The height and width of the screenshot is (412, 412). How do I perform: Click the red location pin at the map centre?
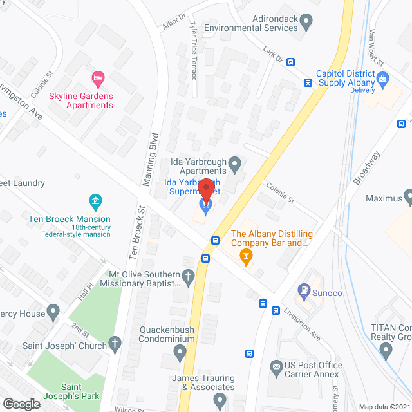[x=206, y=191]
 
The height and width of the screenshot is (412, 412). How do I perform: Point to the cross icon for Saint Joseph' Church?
[x=115, y=343]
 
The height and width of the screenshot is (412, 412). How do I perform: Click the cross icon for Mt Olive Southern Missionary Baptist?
[x=188, y=277]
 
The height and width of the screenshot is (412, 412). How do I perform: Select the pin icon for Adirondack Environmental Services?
[x=306, y=23]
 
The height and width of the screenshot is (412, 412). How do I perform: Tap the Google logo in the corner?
[x=21, y=404]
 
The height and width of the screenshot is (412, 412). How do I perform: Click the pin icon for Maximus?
[x=408, y=195]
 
